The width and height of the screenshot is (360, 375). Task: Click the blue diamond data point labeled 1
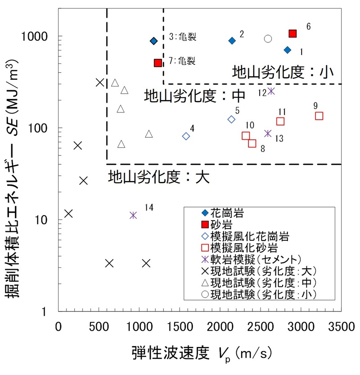[288, 50]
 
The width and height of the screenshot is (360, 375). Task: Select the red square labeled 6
[292, 33]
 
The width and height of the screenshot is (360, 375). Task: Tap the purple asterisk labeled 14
[133, 215]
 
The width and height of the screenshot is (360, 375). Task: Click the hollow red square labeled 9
[319, 116]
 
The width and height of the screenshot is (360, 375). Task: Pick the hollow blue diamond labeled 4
[186, 136]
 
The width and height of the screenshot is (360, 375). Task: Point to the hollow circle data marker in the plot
[268, 39]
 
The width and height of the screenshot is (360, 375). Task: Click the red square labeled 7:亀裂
[158, 63]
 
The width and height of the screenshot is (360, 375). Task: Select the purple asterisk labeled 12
[271, 91]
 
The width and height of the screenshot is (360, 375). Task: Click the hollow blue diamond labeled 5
[231, 119]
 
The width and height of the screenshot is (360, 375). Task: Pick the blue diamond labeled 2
[232, 41]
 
